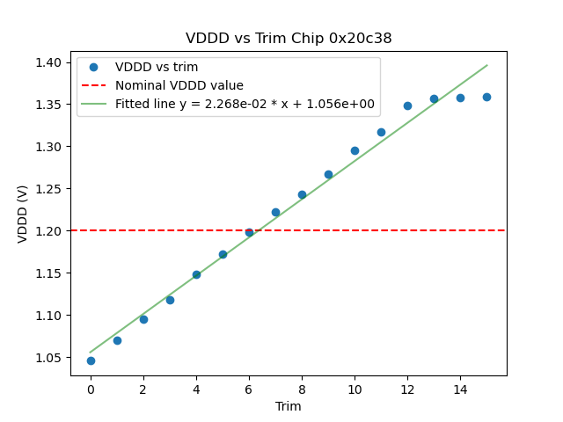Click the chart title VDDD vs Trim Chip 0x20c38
point(289,39)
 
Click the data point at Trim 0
point(91,360)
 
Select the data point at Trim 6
point(249,232)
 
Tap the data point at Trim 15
point(486,97)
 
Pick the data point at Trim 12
point(407,105)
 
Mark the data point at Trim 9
point(328,174)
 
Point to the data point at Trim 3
point(170,300)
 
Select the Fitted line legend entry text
point(245,104)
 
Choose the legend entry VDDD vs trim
point(157,67)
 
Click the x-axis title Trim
point(289,406)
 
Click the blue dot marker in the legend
point(95,67)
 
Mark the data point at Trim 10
point(355,150)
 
